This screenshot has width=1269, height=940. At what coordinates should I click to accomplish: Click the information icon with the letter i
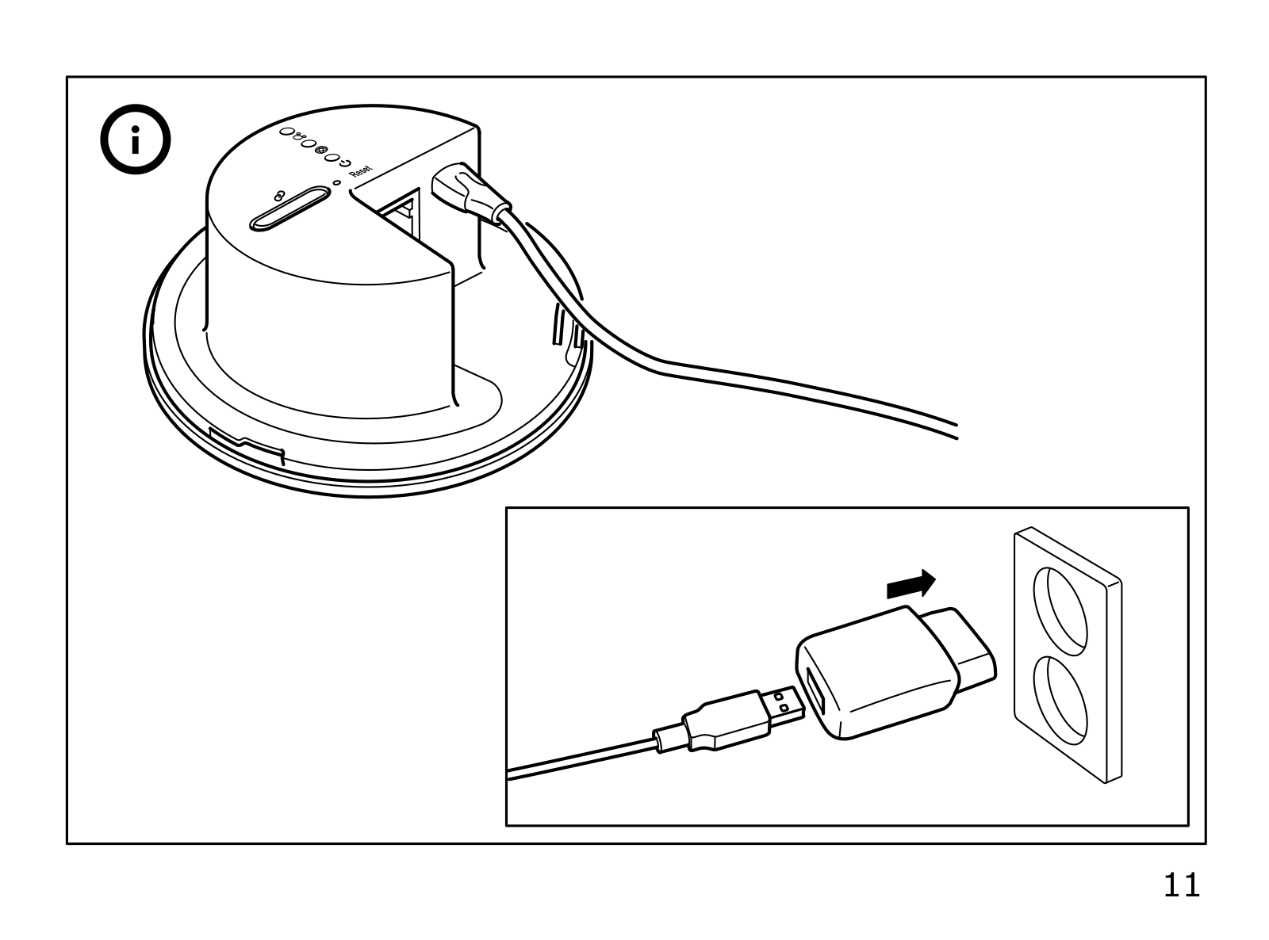pyautogui.click(x=134, y=143)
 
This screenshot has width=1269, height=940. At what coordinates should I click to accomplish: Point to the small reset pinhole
pyautogui.click(x=338, y=183)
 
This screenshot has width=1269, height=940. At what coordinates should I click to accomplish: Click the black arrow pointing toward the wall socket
pyautogui.click(x=911, y=585)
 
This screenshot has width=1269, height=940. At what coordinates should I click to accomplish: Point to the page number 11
pyautogui.click(x=1182, y=885)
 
